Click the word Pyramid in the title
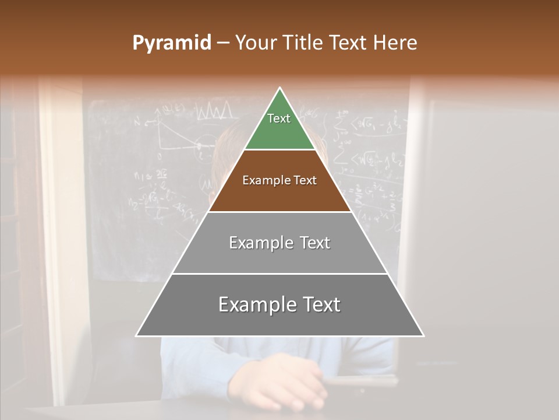point(172,43)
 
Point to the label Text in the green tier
point(279,118)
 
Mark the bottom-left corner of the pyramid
point(137,335)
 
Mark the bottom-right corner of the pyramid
point(423,335)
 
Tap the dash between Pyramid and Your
point(223,43)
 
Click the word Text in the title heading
point(349,43)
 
